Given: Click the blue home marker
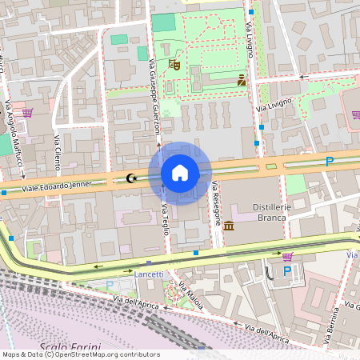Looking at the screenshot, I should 180,173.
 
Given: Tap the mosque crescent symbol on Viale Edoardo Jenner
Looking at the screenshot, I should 133,179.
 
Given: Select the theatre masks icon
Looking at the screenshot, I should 174,64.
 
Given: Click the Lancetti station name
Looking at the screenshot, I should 149,274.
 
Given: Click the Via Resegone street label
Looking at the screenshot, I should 216,203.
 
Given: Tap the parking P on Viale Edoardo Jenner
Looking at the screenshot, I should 329,162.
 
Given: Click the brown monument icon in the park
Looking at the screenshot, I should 242,79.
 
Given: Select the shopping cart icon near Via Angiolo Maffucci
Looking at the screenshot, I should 27,114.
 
